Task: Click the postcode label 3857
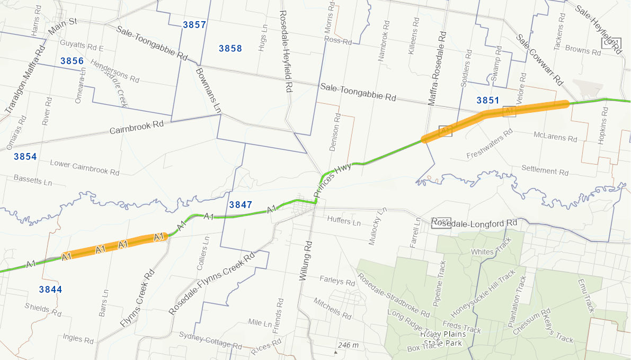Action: click(x=194, y=25)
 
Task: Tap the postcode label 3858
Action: click(x=230, y=49)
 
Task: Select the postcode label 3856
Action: click(x=72, y=61)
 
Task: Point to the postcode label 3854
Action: click(x=25, y=157)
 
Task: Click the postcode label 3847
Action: click(x=241, y=205)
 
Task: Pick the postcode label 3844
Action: click(x=51, y=290)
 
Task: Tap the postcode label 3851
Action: click(x=488, y=100)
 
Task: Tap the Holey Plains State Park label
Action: click(x=443, y=338)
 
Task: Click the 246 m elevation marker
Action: click(x=347, y=346)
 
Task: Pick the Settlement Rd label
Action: click(x=545, y=171)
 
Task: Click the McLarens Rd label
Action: click(x=556, y=137)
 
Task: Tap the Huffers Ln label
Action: click(x=344, y=220)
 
